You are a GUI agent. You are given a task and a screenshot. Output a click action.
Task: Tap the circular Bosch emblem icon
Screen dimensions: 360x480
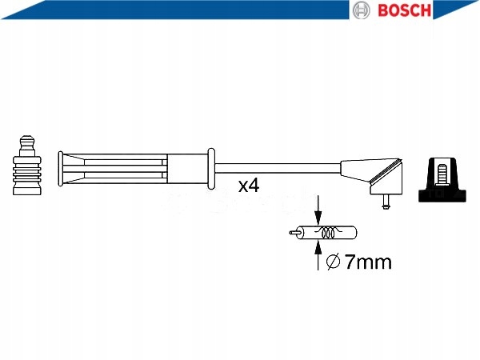click(362, 10)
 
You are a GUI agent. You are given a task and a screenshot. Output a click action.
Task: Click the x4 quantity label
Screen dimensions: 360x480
click(249, 186)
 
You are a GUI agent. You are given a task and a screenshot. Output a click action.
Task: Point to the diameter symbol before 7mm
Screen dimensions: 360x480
click(335, 262)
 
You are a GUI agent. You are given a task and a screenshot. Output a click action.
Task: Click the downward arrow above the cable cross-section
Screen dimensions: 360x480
click(318, 212)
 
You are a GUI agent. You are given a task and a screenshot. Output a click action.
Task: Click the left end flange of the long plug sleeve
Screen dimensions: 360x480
click(60, 168)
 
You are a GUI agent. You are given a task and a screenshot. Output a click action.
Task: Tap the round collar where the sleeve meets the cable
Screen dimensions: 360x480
click(210, 168)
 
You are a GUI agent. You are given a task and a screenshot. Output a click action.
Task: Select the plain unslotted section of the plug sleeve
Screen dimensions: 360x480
click(187, 168)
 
